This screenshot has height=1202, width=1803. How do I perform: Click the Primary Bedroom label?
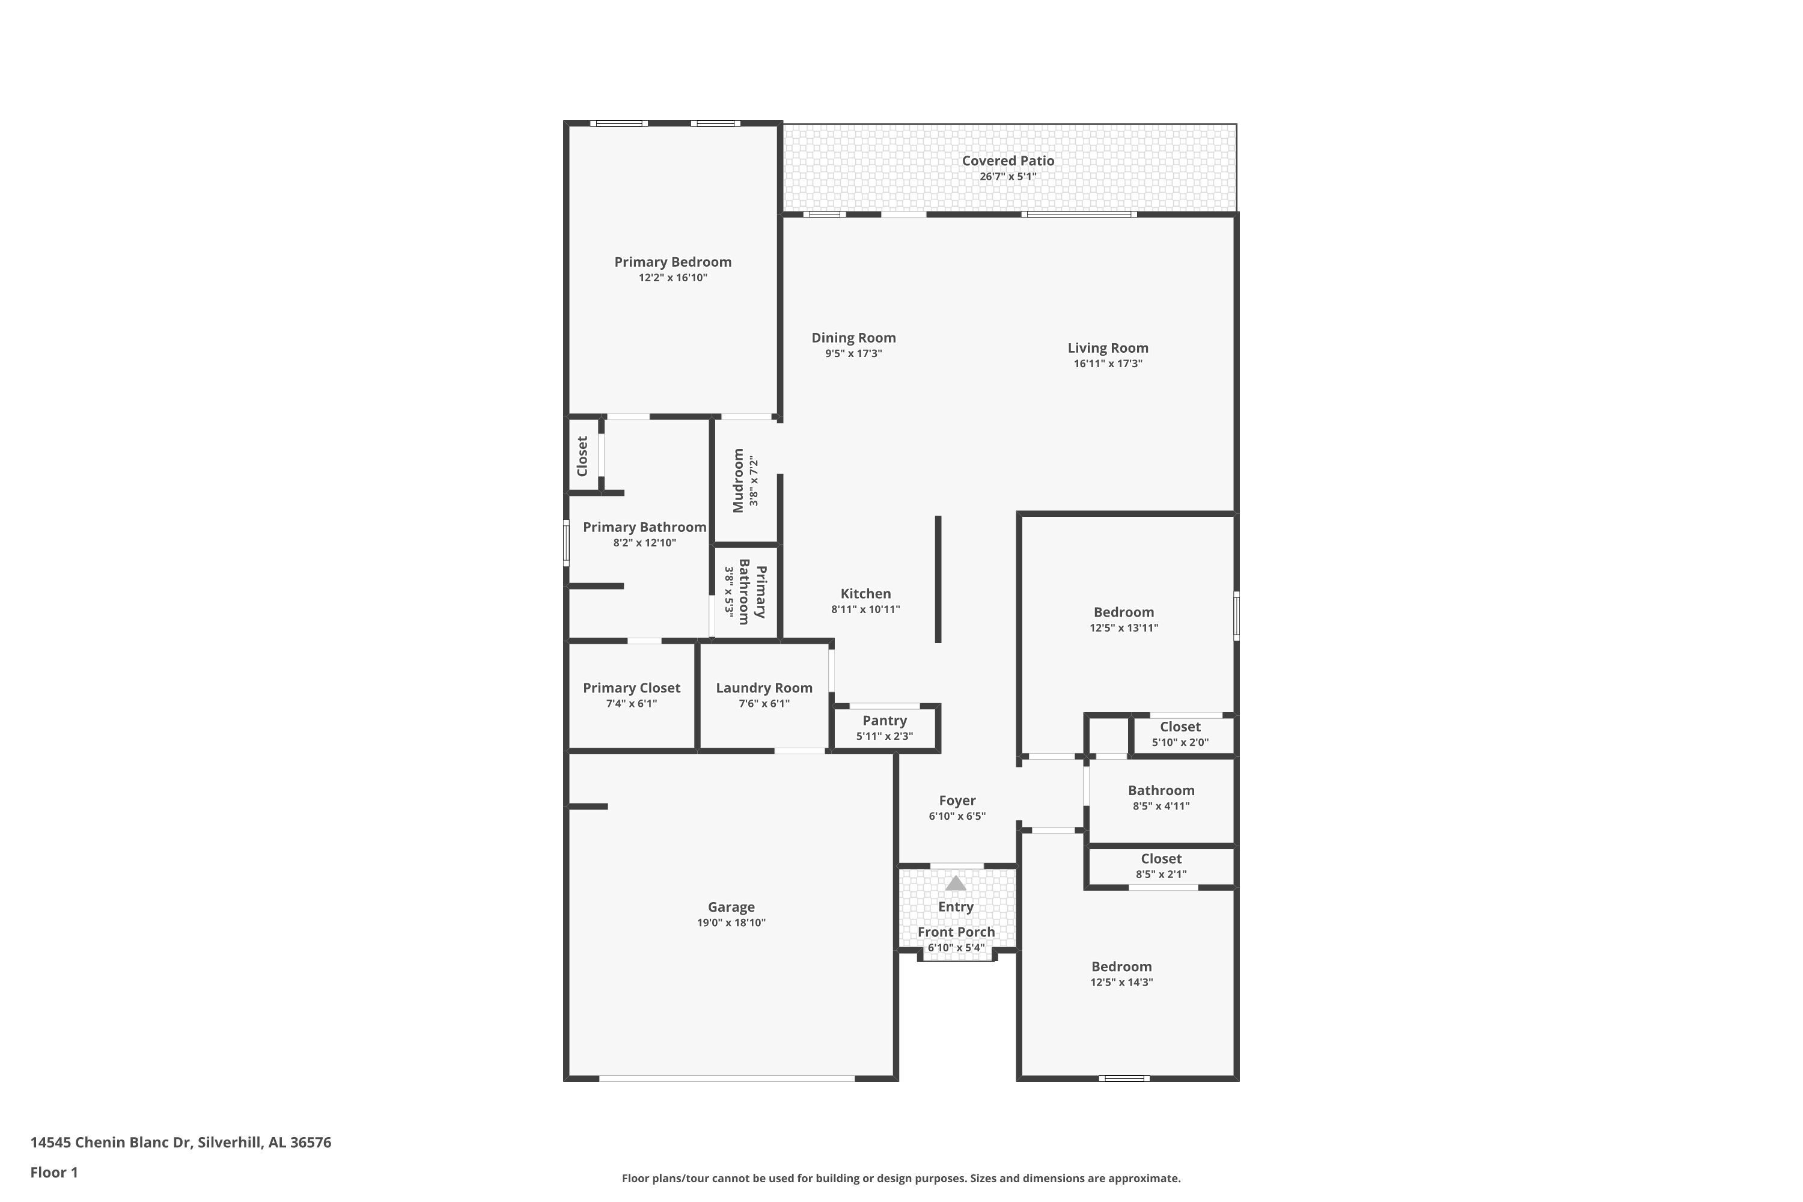(x=673, y=262)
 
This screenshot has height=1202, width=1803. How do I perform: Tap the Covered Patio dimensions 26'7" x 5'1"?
(x=1007, y=176)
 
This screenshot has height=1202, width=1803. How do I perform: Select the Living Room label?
(x=1108, y=348)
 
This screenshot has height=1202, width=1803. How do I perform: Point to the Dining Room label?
(x=853, y=338)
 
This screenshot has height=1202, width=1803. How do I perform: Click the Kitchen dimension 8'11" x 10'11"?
(x=865, y=609)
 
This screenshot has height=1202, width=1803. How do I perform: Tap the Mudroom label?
(x=737, y=481)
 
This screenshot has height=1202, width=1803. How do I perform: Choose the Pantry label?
(x=885, y=721)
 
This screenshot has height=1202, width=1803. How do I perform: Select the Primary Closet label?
(x=631, y=688)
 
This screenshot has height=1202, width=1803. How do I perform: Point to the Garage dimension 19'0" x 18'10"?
(x=731, y=923)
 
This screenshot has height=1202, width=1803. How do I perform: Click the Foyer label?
(x=957, y=801)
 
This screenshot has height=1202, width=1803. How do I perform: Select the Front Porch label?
(x=956, y=932)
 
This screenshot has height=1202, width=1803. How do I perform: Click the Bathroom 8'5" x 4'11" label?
(x=1161, y=790)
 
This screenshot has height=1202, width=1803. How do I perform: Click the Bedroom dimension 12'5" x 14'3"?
(x=1121, y=983)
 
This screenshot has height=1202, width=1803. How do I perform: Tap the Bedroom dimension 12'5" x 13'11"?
(x=1124, y=628)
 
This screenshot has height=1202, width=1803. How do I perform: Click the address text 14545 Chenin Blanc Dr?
(x=111, y=1143)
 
